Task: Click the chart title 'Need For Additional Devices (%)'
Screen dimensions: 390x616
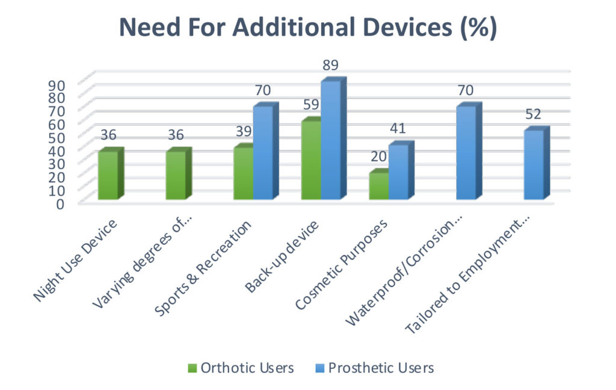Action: tap(307, 28)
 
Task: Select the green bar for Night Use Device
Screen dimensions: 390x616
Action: tap(108, 175)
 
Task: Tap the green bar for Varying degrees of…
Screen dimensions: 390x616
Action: tap(176, 175)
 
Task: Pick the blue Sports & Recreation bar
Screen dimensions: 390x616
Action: tap(263, 153)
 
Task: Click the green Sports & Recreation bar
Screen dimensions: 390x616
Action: tap(243, 173)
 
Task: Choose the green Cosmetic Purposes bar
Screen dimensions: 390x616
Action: tap(379, 186)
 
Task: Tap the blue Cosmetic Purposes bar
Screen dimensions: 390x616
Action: tap(398, 172)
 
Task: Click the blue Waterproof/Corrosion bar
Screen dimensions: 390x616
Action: tap(466, 153)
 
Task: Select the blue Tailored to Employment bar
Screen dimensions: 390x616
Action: tap(534, 165)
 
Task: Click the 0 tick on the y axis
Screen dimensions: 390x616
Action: tap(60, 203)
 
